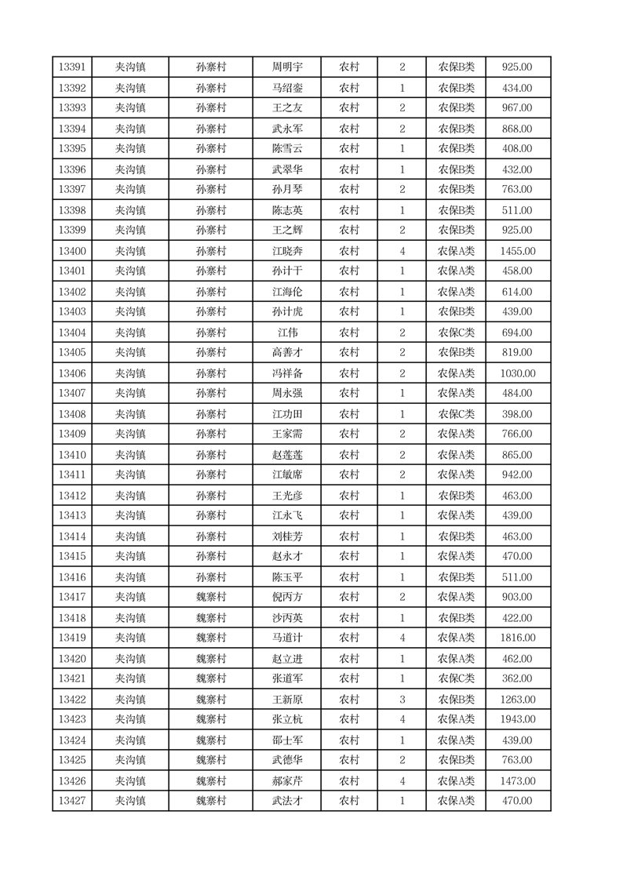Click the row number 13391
pyautogui.click(x=72, y=67)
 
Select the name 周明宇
pyautogui.click(x=286, y=67)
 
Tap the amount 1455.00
pyautogui.click(x=517, y=251)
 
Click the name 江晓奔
pyautogui.click(x=286, y=251)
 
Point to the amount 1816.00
pyautogui.click(x=517, y=638)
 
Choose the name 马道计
pyautogui.click(x=286, y=638)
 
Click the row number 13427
pyautogui.click(x=72, y=801)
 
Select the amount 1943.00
pyautogui.click(x=517, y=719)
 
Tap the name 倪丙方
pyautogui.click(x=286, y=597)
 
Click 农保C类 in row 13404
pyautogui.click(x=456, y=333)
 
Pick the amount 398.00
pyautogui.click(x=517, y=414)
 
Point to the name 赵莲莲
pyautogui.click(x=286, y=455)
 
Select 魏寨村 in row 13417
pyautogui.click(x=210, y=597)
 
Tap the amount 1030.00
pyautogui.click(x=517, y=373)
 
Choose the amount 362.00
pyautogui.click(x=517, y=678)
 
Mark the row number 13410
pyautogui.click(x=72, y=455)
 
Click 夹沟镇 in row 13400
pyautogui.click(x=130, y=251)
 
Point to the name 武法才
pyautogui.click(x=286, y=801)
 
